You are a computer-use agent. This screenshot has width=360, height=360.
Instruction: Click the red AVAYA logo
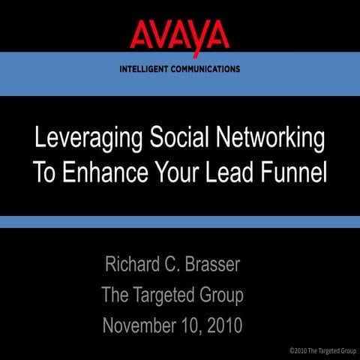pos(180,34)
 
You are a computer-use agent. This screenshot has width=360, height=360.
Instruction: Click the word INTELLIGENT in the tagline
pos(148,69)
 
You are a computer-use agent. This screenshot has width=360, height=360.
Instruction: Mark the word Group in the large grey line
pos(221,295)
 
